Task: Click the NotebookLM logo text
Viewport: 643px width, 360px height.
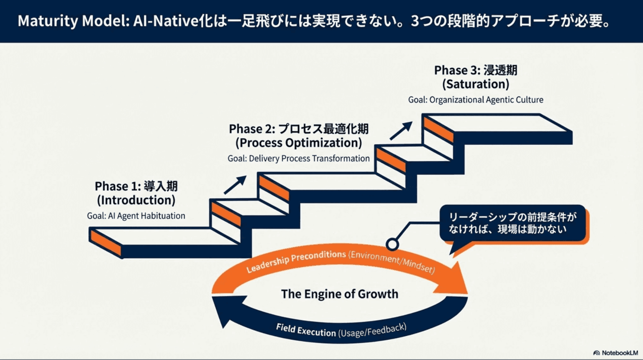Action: pyautogui.click(x=619, y=353)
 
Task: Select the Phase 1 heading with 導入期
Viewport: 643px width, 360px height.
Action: pyautogui.click(x=136, y=186)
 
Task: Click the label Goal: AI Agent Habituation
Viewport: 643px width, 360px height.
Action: pyautogui.click(x=136, y=216)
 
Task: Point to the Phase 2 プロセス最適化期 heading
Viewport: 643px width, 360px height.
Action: pyautogui.click(x=299, y=129)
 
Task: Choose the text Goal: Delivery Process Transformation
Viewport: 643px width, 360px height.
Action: pyautogui.click(x=299, y=159)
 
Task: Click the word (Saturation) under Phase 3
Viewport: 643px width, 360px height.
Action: pyautogui.click(x=476, y=84)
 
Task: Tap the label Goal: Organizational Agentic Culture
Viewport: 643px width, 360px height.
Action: pyautogui.click(x=476, y=100)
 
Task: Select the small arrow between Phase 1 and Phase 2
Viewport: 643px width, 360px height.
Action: pyautogui.click(x=235, y=185)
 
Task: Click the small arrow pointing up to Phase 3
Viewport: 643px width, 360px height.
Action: pyautogui.click(x=401, y=131)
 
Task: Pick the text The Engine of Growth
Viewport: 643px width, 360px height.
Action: pyautogui.click(x=340, y=294)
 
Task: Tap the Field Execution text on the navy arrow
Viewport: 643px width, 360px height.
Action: pyautogui.click(x=305, y=330)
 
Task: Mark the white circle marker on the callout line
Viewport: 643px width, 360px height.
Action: pyautogui.click(x=392, y=244)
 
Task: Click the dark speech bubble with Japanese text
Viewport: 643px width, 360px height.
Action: pyautogui.click(x=512, y=224)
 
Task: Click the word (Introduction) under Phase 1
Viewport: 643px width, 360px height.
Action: pyautogui.click(x=136, y=200)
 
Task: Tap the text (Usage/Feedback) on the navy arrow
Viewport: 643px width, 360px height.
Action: pyautogui.click(x=372, y=330)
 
